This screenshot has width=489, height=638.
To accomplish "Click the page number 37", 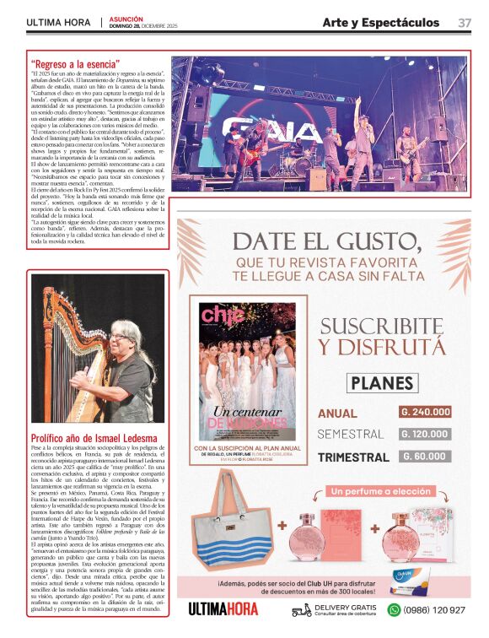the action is [x=465, y=23].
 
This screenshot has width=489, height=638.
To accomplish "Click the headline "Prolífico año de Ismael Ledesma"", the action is [x=93, y=439].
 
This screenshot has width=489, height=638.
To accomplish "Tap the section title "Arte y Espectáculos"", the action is [x=380, y=23].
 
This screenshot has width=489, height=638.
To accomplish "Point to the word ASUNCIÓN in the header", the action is [x=126, y=19].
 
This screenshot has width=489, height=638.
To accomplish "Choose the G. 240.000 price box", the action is [x=425, y=412].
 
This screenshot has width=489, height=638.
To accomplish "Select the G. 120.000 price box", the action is [x=425, y=434].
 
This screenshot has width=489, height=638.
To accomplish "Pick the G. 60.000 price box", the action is [x=425, y=457].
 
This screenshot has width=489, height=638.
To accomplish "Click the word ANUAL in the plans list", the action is [x=337, y=414].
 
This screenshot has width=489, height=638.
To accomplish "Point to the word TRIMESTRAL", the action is [x=353, y=457].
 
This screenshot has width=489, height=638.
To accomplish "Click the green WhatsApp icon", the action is [x=393, y=609].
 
